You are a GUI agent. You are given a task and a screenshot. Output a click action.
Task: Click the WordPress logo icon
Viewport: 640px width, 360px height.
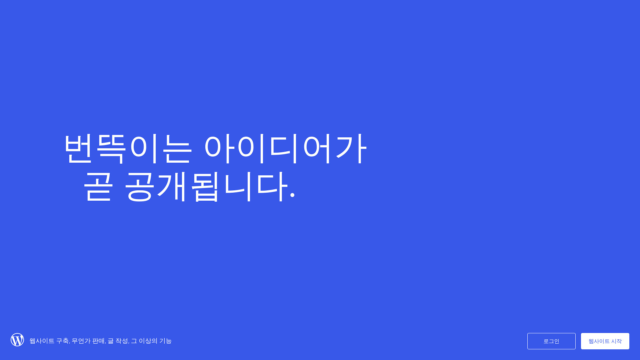click(17, 340)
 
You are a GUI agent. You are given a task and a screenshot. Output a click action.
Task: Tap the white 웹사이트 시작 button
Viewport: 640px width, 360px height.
click(605, 341)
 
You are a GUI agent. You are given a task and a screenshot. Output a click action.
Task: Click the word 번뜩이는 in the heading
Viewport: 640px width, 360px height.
click(128, 148)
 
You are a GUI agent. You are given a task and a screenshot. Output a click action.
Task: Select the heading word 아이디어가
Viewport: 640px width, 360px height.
click(285, 148)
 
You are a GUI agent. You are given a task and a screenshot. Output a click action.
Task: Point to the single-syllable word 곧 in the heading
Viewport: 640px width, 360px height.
click(98, 186)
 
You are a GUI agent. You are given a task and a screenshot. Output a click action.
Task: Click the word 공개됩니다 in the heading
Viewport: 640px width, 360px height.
click(206, 186)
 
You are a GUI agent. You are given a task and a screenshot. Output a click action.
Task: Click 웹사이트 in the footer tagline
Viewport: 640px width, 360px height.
click(42, 341)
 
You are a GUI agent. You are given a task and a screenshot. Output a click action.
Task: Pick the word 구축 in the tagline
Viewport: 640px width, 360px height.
click(62, 341)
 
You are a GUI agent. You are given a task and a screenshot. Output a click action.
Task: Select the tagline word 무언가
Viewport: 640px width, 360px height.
click(81, 341)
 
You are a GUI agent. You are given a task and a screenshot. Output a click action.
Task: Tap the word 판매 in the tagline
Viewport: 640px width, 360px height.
click(98, 341)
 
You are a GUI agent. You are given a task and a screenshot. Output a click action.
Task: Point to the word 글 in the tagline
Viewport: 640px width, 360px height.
click(110, 341)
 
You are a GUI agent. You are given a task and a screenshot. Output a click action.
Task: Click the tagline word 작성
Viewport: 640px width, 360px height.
click(122, 341)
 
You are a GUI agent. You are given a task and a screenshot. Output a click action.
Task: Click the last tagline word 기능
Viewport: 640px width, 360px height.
click(165, 341)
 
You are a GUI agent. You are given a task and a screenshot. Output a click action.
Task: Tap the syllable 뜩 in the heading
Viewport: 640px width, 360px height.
click(111, 148)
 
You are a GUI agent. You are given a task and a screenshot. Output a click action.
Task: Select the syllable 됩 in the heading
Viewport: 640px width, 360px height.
click(205, 186)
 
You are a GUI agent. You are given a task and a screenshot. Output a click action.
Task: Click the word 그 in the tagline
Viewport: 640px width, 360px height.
click(134, 341)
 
